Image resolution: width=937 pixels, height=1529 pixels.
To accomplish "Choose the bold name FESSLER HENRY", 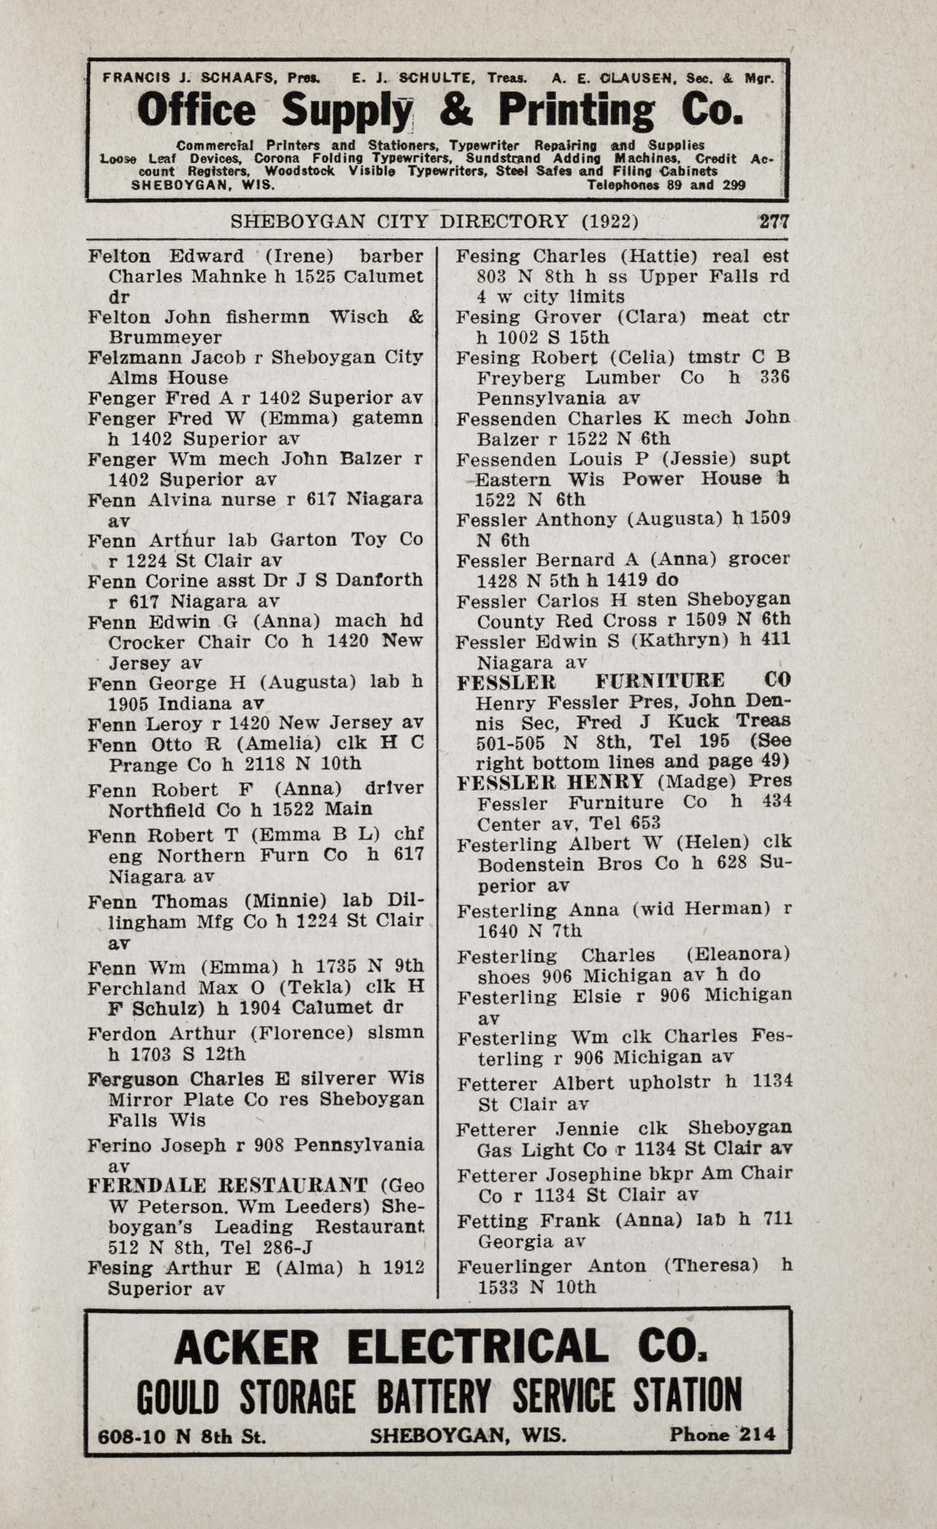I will [550, 782].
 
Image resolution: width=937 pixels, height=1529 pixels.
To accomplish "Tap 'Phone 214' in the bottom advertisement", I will [722, 1434].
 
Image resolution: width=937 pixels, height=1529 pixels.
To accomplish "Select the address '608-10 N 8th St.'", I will [182, 1435].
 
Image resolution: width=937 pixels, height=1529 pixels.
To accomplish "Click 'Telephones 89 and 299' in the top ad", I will [666, 185].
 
